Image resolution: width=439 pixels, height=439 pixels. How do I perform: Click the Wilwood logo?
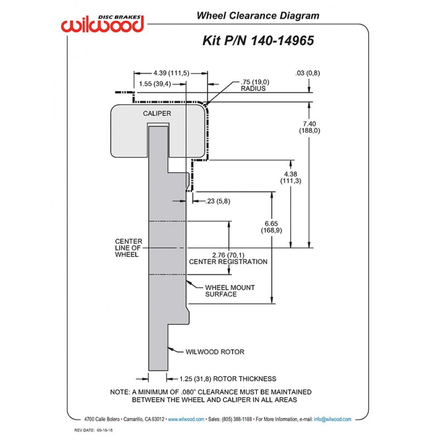pos(103,22)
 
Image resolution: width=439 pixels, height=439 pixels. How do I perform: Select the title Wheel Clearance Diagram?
pos(258,16)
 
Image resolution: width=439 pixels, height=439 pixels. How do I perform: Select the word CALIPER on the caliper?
pos(157,114)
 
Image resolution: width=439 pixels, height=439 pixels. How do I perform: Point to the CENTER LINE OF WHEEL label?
pos(128,248)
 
